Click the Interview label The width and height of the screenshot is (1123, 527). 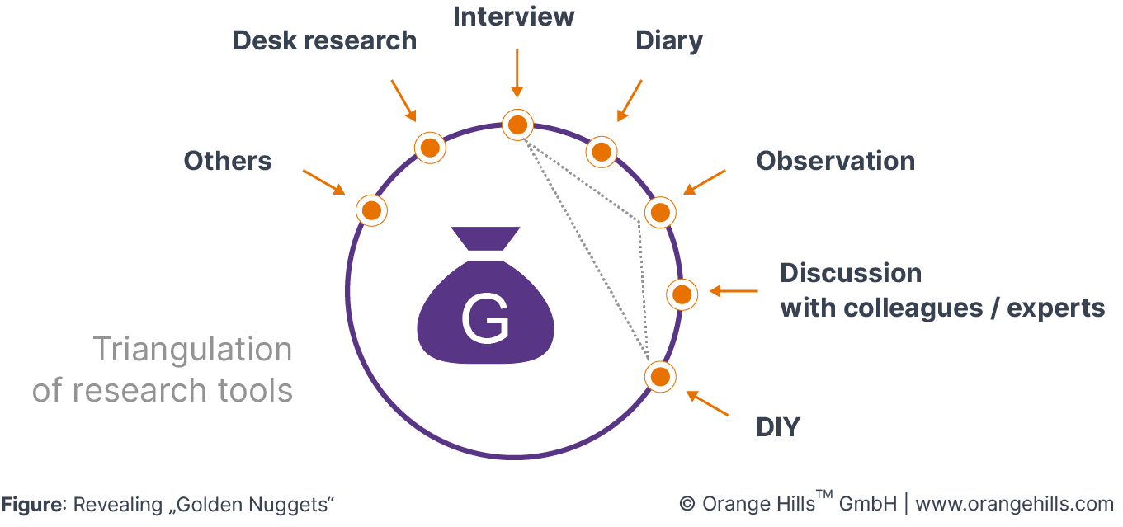point(514,16)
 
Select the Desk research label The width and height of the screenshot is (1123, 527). point(324,40)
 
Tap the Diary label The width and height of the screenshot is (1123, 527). point(669,40)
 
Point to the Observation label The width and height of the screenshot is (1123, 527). point(835,161)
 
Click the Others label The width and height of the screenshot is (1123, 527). point(228,161)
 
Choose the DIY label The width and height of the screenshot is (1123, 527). point(778,427)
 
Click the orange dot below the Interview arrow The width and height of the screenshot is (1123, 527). point(517,125)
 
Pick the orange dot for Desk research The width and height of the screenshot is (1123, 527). point(429,148)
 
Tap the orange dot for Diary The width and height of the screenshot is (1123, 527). point(602,152)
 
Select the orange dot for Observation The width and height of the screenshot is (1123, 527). point(660,213)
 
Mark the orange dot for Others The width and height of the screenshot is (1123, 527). point(371,210)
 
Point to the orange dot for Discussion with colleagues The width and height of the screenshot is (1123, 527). point(682,294)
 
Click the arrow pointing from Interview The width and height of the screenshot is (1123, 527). point(517,74)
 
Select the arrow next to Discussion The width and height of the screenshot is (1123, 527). point(733,291)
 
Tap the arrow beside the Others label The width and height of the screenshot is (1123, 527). point(324,182)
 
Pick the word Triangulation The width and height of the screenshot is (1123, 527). point(192,350)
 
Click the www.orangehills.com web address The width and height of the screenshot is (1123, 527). point(1014,503)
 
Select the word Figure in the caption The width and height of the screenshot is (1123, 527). point(32,504)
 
